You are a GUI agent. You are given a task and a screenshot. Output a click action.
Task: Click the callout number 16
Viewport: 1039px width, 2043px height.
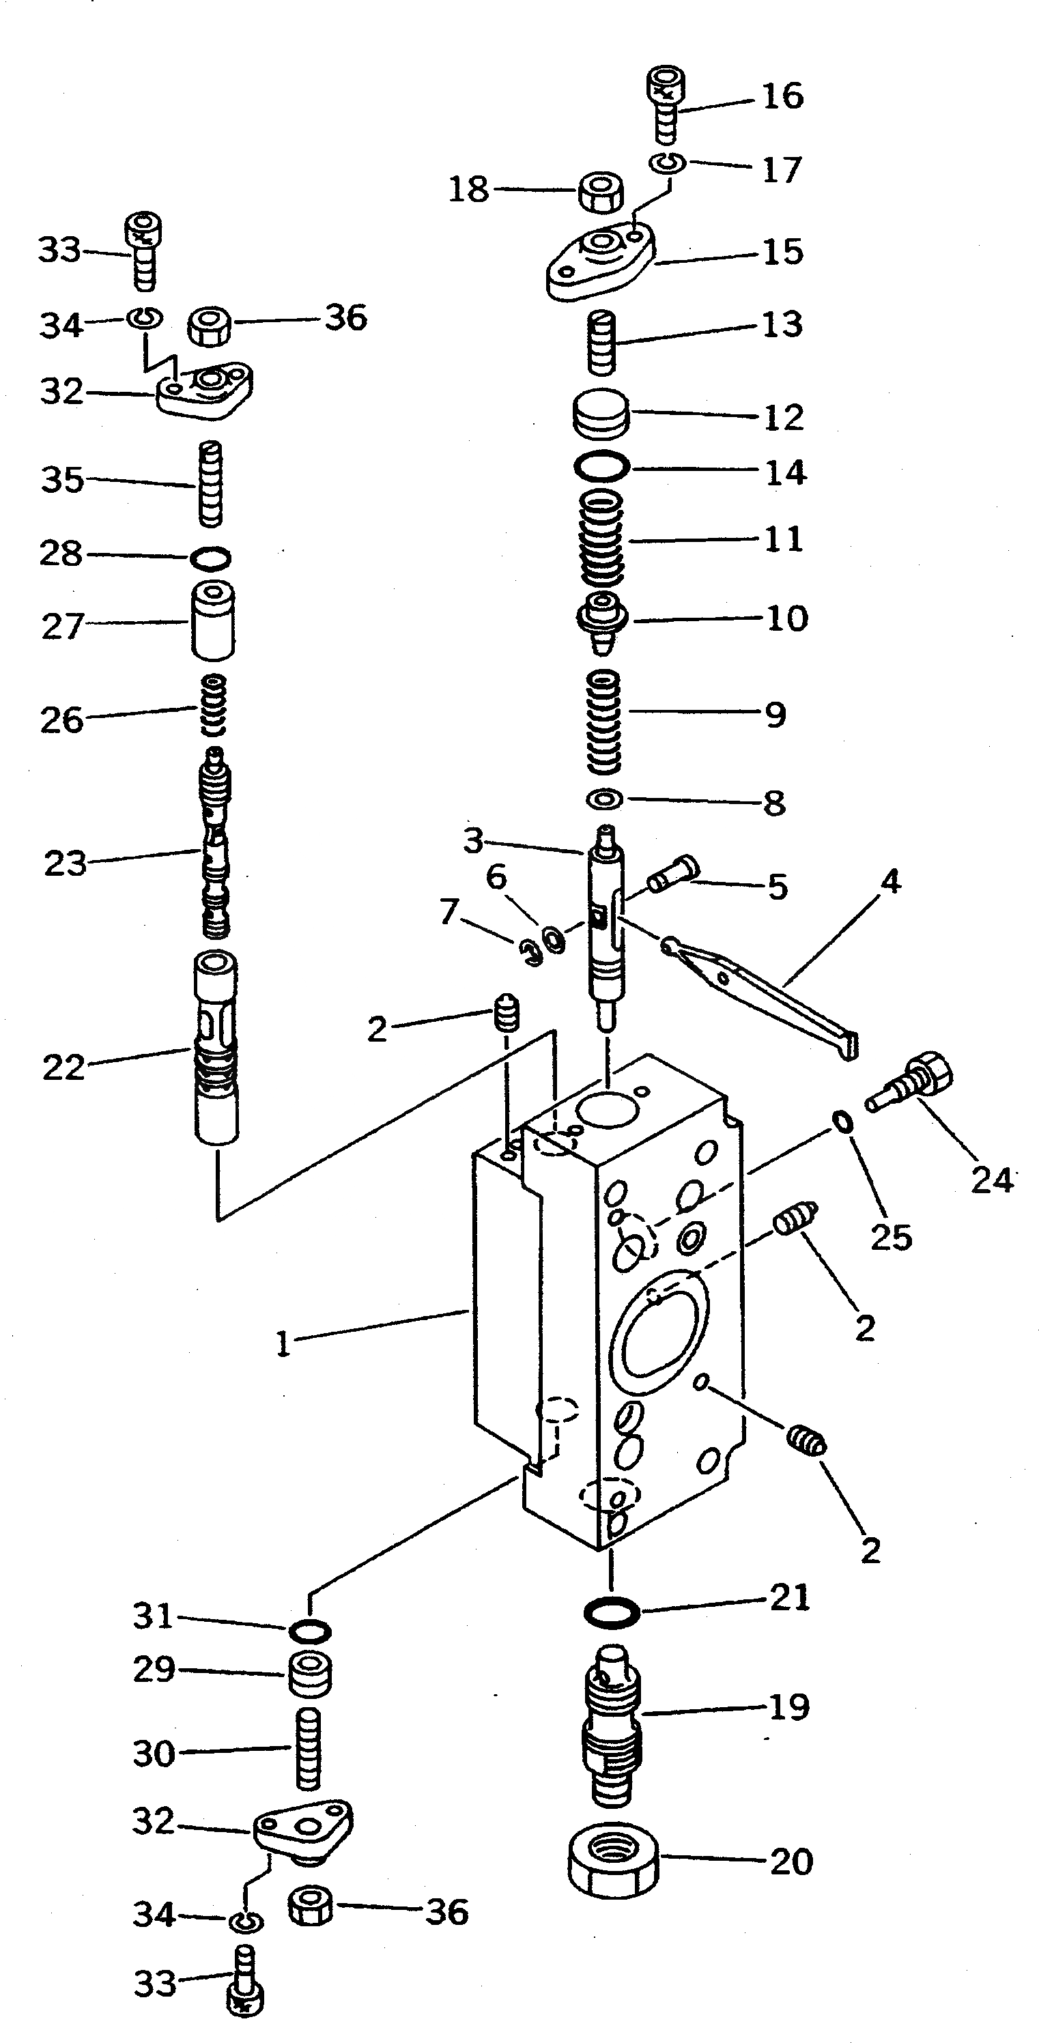pos(782,96)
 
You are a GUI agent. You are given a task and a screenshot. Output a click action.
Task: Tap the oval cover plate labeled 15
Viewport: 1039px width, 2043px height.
pos(601,261)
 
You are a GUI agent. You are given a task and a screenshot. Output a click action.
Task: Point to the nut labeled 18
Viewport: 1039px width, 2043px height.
pos(599,192)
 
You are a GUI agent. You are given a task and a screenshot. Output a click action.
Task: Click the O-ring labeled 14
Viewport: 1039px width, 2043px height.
pos(602,466)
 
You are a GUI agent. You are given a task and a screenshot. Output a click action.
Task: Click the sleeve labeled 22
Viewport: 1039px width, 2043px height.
pos(216,1047)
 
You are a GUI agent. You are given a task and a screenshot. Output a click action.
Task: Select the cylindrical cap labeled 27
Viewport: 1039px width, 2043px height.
pos(212,621)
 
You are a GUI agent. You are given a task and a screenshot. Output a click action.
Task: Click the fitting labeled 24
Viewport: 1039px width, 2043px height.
pos(912,1083)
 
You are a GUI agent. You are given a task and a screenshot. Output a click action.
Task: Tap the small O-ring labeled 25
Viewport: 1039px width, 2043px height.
pos(842,1121)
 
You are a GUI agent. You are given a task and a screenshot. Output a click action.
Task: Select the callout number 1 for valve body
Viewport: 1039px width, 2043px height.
pos(283,1343)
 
